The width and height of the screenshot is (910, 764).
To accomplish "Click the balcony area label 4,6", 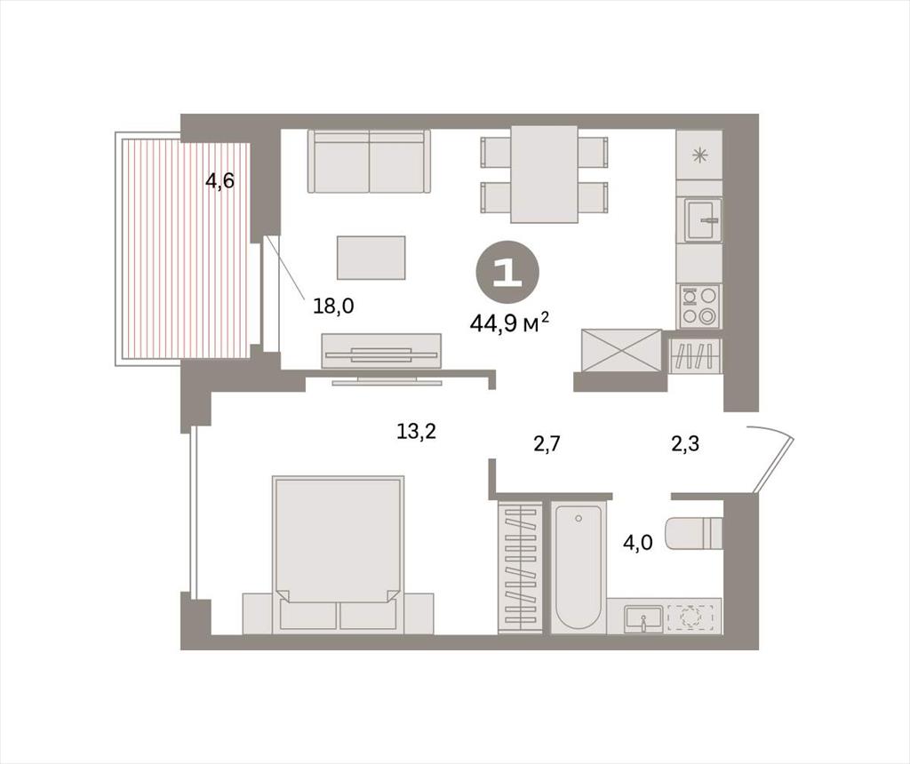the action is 220,181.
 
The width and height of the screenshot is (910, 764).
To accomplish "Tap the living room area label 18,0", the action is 333,306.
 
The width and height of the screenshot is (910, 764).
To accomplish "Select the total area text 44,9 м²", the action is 509,322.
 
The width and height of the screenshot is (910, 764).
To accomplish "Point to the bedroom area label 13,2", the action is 416,431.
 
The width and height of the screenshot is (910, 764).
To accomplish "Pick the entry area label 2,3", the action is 685,444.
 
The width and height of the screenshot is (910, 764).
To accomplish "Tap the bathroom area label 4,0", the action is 638,543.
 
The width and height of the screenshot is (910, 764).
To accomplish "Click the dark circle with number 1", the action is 507,272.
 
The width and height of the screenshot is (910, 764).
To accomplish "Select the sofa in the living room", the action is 369,161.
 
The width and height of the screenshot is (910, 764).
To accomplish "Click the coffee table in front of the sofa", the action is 371,258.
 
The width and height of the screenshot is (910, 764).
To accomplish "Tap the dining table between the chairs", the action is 545,174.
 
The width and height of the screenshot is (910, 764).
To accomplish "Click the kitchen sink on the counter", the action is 703,219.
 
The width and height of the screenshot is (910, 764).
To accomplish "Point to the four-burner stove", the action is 699,306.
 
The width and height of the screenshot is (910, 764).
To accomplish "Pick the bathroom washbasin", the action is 643,618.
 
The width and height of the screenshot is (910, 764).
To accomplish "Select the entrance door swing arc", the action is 771,456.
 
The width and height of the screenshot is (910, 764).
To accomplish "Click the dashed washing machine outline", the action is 690,617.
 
